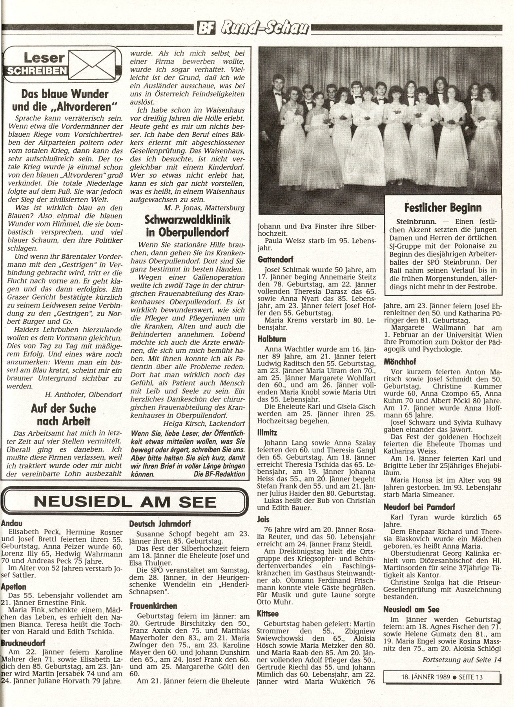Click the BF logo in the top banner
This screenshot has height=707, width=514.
[210, 28]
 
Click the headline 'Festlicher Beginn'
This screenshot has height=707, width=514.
[443, 208]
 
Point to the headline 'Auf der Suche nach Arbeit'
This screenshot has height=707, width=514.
[64, 415]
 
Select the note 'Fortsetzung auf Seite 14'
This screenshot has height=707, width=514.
[462, 659]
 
